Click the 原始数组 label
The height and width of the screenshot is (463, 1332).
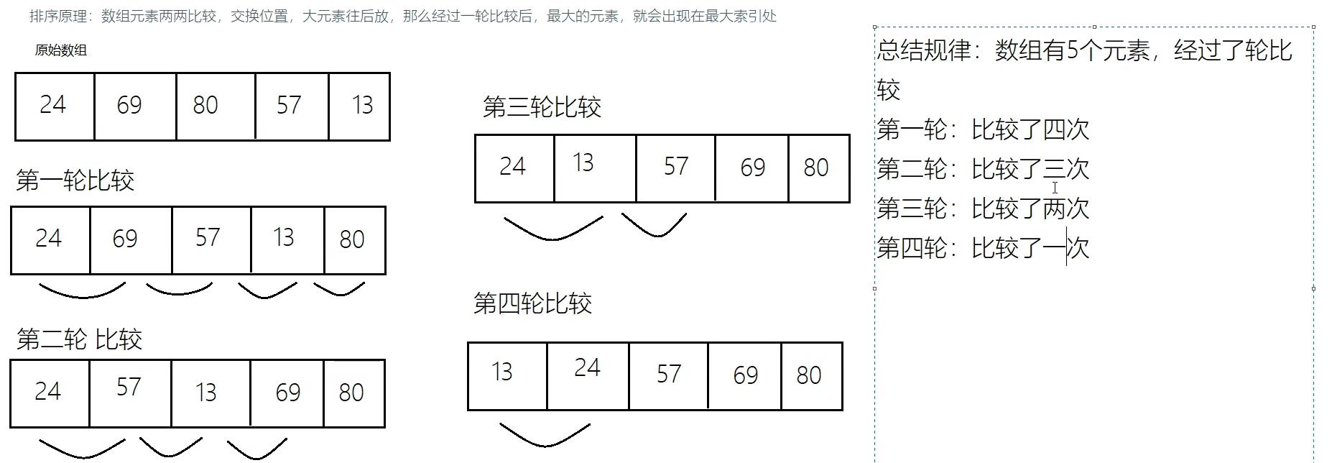tap(61, 50)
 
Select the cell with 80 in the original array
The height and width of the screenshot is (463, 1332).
tap(214, 106)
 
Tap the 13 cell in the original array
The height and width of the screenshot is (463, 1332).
tap(360, 106)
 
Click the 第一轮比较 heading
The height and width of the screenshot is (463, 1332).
tap(75, 180)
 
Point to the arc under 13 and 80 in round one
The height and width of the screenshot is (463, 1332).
tap(339, 290)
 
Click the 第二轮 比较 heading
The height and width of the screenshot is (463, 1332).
tap(79, 339)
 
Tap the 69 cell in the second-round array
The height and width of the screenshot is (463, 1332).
tap(287, 393)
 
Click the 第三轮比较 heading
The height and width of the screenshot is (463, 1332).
tap(542, 108)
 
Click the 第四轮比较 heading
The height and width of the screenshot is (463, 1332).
tap(532, 304)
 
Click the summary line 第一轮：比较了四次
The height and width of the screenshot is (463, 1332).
tap(982, 130)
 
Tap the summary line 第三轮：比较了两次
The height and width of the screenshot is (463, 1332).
tap(982, 209)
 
